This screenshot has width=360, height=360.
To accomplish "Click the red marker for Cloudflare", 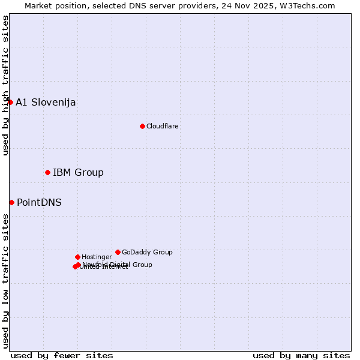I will (x=142, y=126).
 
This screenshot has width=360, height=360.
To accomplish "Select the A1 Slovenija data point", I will (x=10, y=102).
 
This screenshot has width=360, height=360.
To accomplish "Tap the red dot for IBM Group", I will (x=47, y=172).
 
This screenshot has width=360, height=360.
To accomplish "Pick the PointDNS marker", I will (x=11, y=202).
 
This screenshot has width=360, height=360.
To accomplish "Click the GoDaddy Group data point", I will (x=118, y=252).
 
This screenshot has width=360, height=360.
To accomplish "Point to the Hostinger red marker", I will (x=77, y=257).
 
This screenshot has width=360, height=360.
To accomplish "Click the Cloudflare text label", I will (x=162, y=126).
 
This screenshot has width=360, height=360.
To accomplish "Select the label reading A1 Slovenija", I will (x=46, y=102).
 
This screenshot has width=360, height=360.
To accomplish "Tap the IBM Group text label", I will (x=78, y=173).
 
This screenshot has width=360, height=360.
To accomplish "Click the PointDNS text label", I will (x=39, y=202).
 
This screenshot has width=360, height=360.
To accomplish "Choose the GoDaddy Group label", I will (x=147, y=252).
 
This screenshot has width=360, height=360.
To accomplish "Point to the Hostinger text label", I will (x=97, y=257).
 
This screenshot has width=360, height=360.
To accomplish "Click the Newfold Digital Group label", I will (x=118, y=264).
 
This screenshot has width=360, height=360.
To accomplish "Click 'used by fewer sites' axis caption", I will (x=62, y=355).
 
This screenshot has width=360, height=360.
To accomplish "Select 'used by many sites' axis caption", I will (x=301, y=355).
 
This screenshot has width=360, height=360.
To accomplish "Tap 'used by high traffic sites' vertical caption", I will (x=5, y=85).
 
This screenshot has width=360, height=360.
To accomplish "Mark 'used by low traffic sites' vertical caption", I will (x=5, y=280).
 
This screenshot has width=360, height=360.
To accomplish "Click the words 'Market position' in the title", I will (x=53, y=5).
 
